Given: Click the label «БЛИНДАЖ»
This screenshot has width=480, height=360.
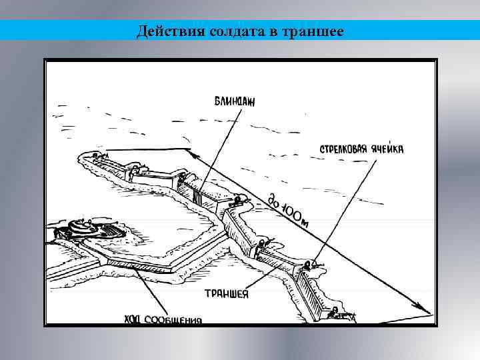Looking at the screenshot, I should (235, 101).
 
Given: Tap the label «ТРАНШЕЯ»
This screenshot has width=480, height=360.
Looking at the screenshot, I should (226, 294).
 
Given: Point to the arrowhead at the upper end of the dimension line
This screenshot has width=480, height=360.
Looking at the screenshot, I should (193, 153).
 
